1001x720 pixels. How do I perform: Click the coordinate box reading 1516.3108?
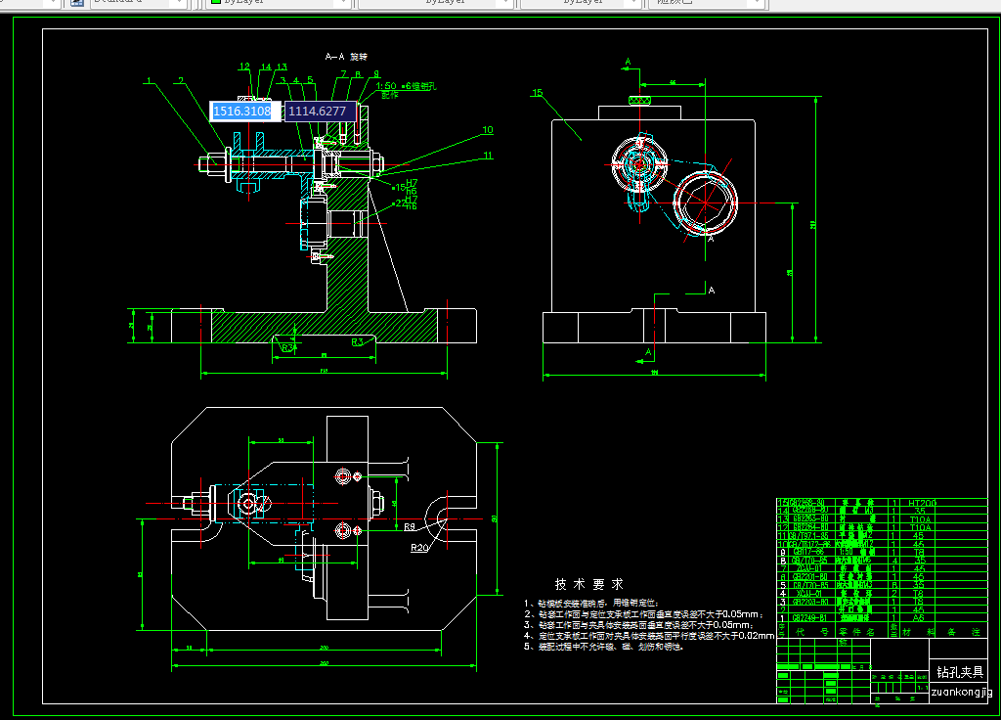(242, 112)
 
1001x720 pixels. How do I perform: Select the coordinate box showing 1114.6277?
(318, 112)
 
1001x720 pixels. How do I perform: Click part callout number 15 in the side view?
(537, 93)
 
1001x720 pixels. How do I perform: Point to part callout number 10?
(487, 129)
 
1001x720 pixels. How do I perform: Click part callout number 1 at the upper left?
(150, 80)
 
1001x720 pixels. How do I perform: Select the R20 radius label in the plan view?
(419, 548)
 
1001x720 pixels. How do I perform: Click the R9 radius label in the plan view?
(411, 526)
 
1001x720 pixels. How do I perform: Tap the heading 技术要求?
(589, 583)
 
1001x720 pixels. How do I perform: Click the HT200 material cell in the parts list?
(922, 503)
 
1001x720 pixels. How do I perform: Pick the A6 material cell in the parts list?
(918, 618)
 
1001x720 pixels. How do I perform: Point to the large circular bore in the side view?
(701, 201)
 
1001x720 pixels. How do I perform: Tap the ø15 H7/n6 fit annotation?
(405, 184)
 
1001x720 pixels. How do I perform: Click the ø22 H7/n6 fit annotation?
(405, 203)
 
